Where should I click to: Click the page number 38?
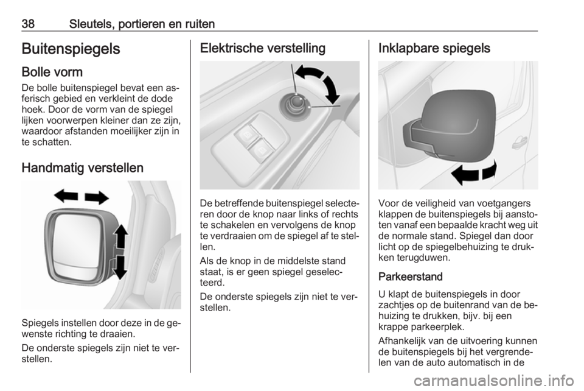tap(28, 24)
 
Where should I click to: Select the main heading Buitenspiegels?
tap(71, 49)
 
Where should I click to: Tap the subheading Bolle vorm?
tap(52, 72)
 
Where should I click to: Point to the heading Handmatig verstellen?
tap(82, 167)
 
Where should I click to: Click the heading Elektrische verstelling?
tap(263, 48)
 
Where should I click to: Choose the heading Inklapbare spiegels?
tap(434, 48)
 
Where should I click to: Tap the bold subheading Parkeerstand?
tap(411, 277)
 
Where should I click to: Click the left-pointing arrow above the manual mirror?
tap(66, 195)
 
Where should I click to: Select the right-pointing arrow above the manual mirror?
tap(97, 197)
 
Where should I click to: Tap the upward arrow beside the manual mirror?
tap(120, 236)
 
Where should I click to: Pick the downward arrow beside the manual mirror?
tap(120, 267)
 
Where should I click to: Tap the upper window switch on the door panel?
tap(246, 133)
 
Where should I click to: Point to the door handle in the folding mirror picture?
tap(519, 143)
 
